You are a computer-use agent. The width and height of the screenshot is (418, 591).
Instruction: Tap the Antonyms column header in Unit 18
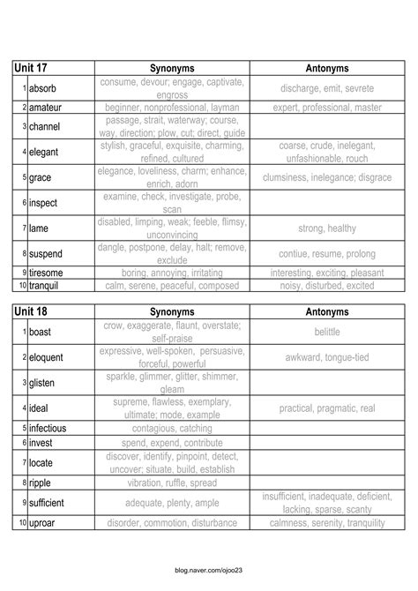point(326,312)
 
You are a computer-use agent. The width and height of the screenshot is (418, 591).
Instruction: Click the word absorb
point(43,89)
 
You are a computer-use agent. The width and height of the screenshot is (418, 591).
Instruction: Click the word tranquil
point(47,286)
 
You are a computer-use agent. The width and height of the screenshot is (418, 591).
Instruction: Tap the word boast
point(41,333)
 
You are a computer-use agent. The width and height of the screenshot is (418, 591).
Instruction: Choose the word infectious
point(50,429)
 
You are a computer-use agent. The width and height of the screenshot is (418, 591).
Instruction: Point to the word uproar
point(43,523)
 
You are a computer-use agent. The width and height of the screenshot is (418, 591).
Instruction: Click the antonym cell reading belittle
point(326,333)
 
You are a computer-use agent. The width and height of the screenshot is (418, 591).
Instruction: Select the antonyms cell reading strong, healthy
point(326,228)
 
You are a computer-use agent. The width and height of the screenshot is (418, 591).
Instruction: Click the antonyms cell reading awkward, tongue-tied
point(326,358)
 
